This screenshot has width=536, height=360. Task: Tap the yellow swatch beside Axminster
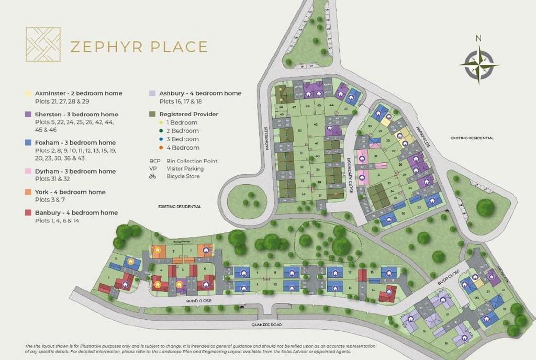pos(28,94)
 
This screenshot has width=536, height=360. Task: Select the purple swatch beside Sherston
pos(28,115)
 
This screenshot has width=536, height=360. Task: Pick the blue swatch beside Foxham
pos(28,142)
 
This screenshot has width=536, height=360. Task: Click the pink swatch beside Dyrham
pos(28,171)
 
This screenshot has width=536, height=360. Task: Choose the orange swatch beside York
pos(28,192)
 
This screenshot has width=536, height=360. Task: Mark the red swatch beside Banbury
pos(28,213)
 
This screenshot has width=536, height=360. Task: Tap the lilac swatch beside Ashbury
pos(152,94)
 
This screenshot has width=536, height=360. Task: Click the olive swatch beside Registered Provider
pos(152,114)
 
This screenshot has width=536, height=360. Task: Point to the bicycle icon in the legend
pos(153,177)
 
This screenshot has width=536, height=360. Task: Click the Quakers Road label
pos(267,325)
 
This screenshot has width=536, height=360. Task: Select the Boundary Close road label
pos(350,176)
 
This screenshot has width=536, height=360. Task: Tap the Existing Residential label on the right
pos(472,138)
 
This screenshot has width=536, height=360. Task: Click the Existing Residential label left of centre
pos(180,207)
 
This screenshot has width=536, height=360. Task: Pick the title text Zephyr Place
pos(139,47)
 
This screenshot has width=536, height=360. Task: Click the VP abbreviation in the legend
pos(153,169)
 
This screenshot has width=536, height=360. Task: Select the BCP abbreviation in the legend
pos(154,161)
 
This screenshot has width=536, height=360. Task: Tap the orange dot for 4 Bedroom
pos(154,148)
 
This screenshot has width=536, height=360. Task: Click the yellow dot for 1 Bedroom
pos(154,123)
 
